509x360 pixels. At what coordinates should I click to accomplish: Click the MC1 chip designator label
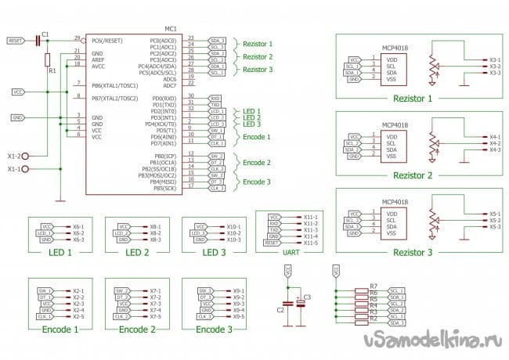click(171, 27)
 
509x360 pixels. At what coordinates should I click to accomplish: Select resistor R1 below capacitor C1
click(48, 59)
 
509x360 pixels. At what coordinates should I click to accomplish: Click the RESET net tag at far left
click(15, 39)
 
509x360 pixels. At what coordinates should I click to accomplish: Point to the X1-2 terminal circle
click(26, 156)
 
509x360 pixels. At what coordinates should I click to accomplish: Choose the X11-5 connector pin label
click(311, 243)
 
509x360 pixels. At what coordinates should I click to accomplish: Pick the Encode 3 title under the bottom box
click(214, 329)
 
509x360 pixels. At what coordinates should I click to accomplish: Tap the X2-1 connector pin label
click(78, 290)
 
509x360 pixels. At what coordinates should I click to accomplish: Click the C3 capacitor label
click(308, 296)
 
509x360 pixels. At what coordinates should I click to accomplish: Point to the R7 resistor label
click(374, 286)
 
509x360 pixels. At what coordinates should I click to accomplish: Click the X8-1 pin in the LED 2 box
click(155, 226)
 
